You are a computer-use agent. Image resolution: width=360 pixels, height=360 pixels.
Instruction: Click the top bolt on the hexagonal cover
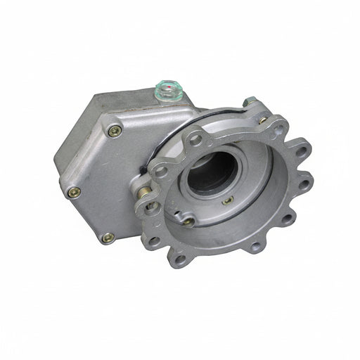(x=113, y=131)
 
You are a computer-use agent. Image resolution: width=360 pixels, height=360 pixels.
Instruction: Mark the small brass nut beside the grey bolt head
(x=262, y=120)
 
